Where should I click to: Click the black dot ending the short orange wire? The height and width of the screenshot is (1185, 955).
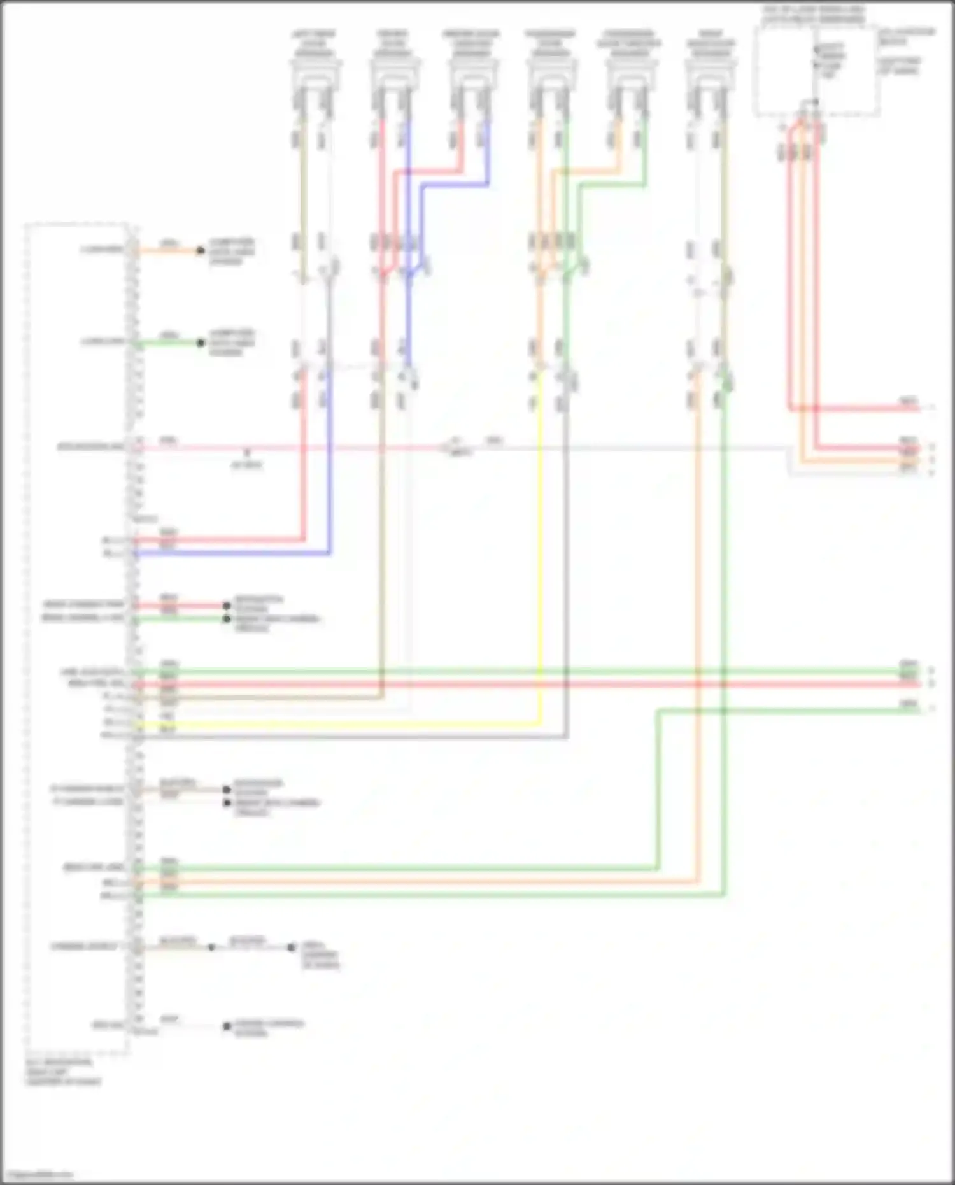tap(201, 250)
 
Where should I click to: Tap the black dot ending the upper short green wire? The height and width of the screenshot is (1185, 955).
tap(201, 343)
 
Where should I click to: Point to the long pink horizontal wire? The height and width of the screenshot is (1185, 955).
tap(286, 448)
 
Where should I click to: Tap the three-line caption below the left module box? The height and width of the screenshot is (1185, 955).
tap(62, 1072)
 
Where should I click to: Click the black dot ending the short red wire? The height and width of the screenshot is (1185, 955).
tap(226, 606)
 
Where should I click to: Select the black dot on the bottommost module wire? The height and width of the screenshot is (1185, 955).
tap(226, 1026)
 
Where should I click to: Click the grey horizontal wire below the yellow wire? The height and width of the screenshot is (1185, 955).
tap(350, 737)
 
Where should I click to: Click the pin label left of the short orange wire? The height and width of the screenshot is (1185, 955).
tap(102, 250)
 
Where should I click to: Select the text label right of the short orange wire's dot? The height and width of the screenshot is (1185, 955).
tap(232, 251)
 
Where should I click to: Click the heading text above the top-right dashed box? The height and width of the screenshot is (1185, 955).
tap(813, 15)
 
